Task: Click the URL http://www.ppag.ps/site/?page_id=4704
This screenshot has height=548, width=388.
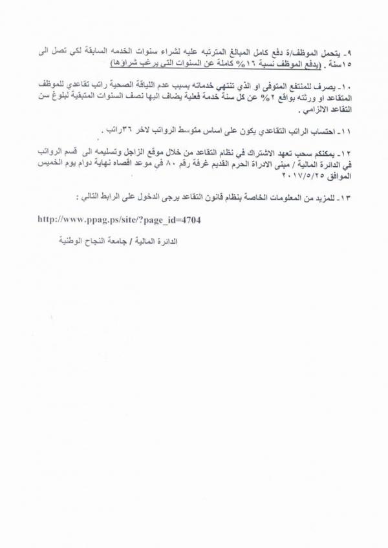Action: click(129, 220)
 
